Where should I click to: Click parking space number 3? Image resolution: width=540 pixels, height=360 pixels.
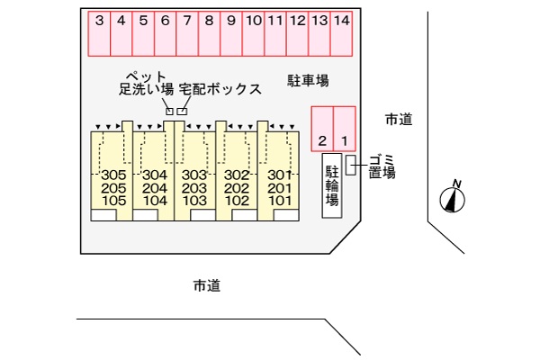(x=99, y=33)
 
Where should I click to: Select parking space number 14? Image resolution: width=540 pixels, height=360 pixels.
(x=341, y=33)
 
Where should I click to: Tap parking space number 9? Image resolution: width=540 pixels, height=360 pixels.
(x=231, y=33)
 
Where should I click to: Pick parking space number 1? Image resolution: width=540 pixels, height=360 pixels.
(x=345, y=129)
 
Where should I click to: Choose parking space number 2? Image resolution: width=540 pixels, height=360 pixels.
(x=322, y=129)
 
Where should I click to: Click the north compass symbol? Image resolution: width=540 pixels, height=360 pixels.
(x=453, y=197)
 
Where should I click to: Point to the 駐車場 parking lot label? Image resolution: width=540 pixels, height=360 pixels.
(x=308, y=81)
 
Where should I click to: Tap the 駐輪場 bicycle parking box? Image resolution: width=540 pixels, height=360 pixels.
(x=332, y=185)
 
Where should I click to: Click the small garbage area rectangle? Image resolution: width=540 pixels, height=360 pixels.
(x=351, y=165)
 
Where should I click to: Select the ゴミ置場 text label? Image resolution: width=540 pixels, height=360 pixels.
(x=382, y=166)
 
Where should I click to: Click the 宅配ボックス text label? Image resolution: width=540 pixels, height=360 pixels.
(x=220, y=89)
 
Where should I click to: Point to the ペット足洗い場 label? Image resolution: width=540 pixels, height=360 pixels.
(x=146, y=83)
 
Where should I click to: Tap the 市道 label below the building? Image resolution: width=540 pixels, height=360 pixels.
(x=207, y=285)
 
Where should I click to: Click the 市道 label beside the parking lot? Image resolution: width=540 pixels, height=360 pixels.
(x=399, y=120)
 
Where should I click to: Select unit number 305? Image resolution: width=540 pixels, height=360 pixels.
(x=113, y=175)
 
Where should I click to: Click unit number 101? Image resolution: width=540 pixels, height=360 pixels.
(x=279, y=201)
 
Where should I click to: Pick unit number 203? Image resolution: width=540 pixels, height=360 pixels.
(x=194, y=188)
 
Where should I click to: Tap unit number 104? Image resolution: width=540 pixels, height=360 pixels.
(x=155, y=201)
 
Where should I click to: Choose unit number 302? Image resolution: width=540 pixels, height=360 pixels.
(x=237, y=175)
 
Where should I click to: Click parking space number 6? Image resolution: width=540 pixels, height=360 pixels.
(x=166, y=33)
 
